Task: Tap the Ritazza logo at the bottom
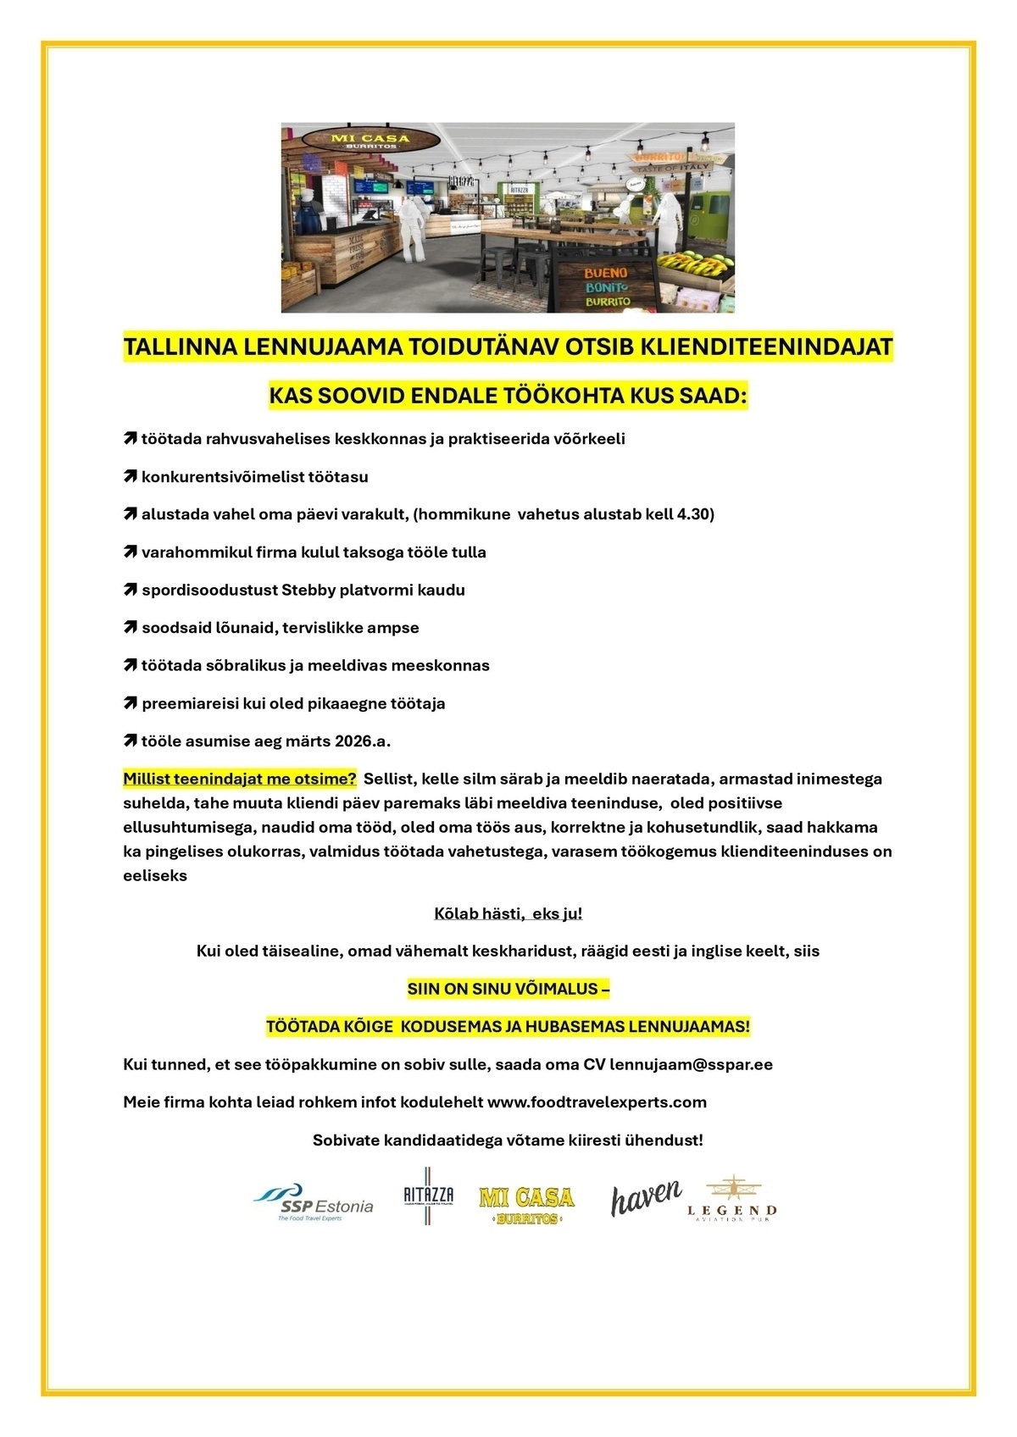(x=429, y=1196)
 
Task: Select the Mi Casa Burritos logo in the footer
(x=526, y=1204)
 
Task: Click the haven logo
(x=646, y=1197)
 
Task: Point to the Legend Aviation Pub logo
(x=731, y=1200)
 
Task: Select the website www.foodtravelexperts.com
(x=597, y=1101)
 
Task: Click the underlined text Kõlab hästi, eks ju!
(x=508, y=913)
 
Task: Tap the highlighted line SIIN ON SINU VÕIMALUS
(x=508, y=989)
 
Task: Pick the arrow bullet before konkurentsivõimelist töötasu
(x=130, y=477)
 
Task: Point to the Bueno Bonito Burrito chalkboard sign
(x=606, y=286)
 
